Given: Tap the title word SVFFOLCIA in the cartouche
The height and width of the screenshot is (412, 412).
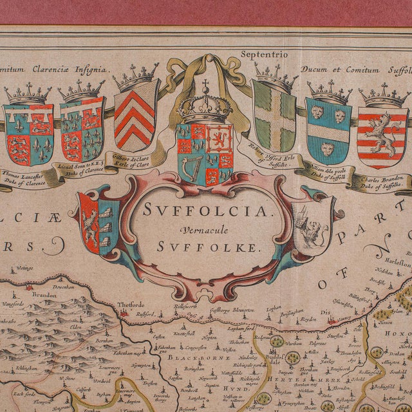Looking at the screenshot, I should pyautogui.click(x=205, y=210).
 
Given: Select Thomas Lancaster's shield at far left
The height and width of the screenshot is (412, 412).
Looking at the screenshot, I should pyautogui.click(x=28, y=134).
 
